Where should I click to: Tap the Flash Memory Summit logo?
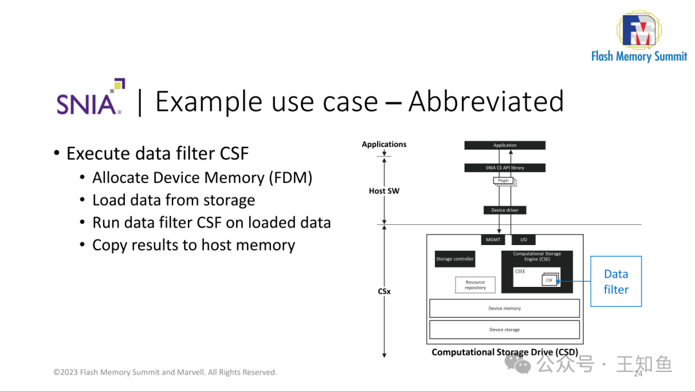click(x=638, y=37)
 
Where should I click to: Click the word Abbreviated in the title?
click(x=486, y=102)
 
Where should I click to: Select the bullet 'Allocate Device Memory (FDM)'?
click(x=202, y=178)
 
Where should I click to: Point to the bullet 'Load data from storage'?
click(x=174, y=201)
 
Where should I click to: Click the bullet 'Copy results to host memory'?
click(x=194, y=246)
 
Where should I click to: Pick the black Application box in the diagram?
click(x=505, y=145)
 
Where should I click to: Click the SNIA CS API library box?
click(x=505, y=168)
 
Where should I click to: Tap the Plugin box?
click(x=504, y=181)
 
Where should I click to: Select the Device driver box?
click(x=505, y=210)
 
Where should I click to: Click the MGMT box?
click(x=492, y=240)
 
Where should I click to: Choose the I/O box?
click(x=523, y=240)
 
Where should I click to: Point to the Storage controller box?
click(x=455, y=259)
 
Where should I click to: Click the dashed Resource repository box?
click(x=475, y=284)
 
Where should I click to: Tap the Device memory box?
click(x=504, y=308)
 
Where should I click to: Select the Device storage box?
click(x=504, y=329)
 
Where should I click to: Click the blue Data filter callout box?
click(x=616, y=282)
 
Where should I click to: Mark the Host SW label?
click(x=384, y=191)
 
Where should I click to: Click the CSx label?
click(x=384, y=291)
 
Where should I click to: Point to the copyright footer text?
click(x=165, y=372)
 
